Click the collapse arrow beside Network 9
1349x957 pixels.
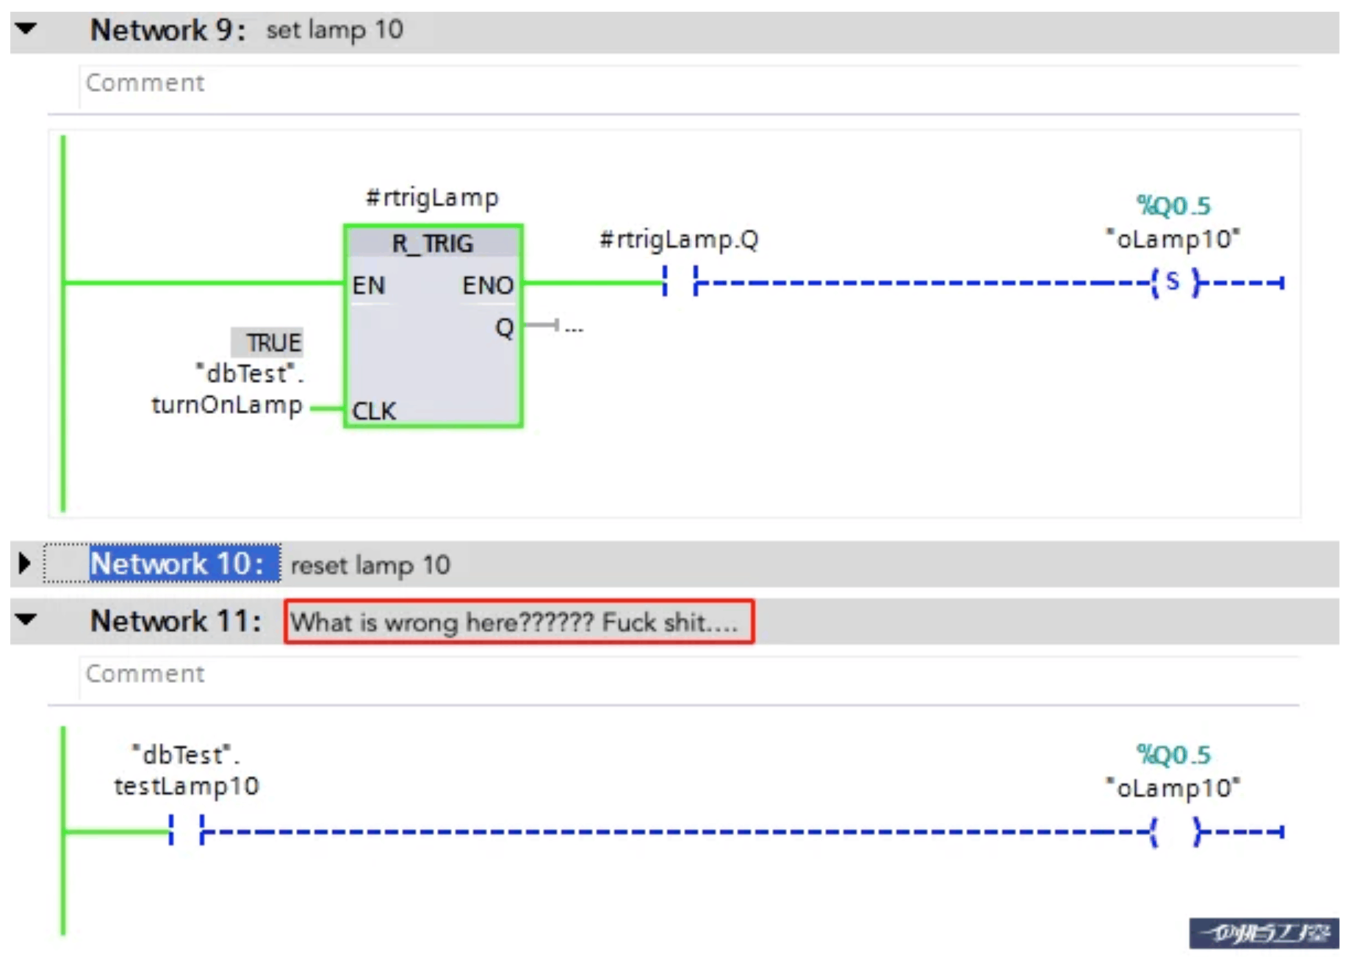click(26, 29)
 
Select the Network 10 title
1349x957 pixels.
click(176, 564)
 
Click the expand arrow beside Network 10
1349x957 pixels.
click(24, 564)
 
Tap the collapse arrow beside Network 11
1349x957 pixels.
click(26, 620)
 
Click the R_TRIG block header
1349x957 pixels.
click(433, 243)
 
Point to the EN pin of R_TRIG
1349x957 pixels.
click(368, 284)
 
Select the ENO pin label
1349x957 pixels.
click(487, 284)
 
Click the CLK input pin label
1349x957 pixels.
click(374, 410)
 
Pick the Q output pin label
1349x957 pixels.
click(504, 326)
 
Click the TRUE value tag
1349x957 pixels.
click(273, 343)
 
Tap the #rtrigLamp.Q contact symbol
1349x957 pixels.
click(680, 282)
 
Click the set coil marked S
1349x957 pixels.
click(1174, 282)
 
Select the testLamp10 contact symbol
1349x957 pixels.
click(186, 831)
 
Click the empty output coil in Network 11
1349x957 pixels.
click(1174, 831)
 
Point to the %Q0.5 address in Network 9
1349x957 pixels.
click(1173, 206)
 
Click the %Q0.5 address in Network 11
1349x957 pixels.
click(1173, 754)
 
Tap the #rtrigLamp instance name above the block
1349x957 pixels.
click(432, 197)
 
